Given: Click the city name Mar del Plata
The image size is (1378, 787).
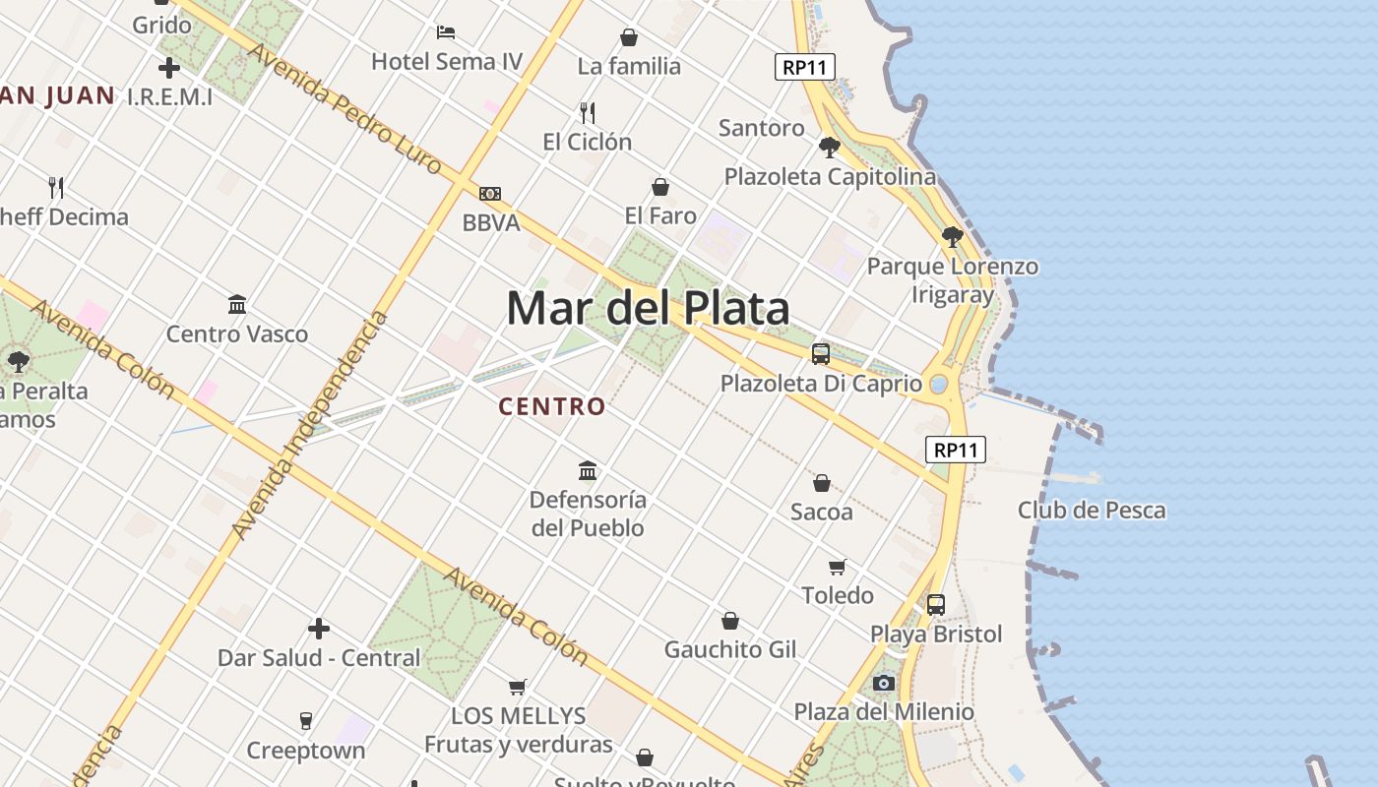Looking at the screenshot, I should click(x=648, y=308).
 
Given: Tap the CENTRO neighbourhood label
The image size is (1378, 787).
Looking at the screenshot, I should click(x=552, y=406).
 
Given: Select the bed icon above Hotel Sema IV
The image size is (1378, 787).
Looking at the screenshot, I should click(x=446, y=32).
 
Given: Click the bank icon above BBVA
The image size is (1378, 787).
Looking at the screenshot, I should click(x=490, y=194).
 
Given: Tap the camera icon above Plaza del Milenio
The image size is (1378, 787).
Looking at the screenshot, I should click(x=884, y=683).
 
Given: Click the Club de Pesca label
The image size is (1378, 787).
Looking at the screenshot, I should click(x=1091, y=510).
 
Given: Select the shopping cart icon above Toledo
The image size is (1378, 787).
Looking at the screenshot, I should click(x=837, y=567).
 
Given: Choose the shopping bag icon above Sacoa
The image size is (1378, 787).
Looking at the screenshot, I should click(x=821, y=483).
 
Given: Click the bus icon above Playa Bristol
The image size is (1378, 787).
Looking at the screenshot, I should click(x=936, y=605).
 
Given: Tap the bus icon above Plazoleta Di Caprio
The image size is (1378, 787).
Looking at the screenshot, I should click(x=821, y=354).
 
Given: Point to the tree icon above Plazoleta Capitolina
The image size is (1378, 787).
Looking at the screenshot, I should click(x=830, y=148).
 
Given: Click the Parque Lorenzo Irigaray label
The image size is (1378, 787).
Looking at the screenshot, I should click(x=952, y=280).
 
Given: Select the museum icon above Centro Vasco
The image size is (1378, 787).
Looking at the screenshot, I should click(x=237, y=305).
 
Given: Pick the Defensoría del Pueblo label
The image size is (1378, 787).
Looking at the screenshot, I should click(x=588, y=514).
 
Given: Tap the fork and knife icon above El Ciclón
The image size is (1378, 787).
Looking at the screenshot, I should click(x=588, y=112).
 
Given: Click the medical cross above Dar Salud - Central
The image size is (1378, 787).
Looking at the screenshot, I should click(x=319, y=629).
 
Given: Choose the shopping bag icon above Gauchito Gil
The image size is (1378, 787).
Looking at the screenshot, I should click(x=729, y=621).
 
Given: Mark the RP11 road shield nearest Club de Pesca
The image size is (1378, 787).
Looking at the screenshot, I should click(x=956, y=450).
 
